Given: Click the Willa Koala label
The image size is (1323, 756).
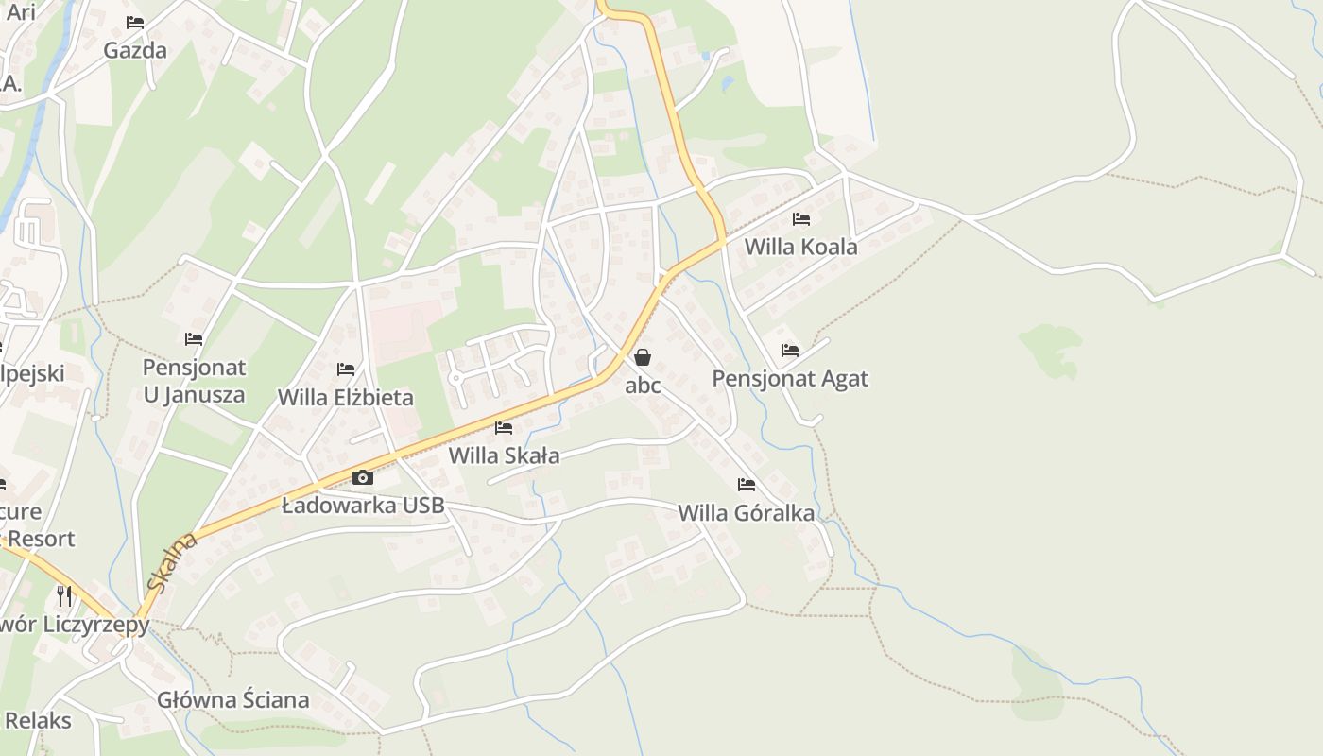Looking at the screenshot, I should point(800,248).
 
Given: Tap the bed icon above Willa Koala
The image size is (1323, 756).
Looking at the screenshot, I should point(801,219).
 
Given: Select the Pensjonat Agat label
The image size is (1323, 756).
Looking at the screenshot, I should point(789,379).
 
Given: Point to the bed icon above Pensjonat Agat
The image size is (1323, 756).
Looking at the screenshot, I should point(790,351).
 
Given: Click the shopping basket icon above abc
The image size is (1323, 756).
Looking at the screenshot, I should point(643,357).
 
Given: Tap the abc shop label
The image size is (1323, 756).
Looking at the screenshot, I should point(643,386).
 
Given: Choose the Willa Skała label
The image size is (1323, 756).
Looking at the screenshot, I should point(504,455).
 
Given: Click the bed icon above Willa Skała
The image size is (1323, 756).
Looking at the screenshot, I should point(504,428).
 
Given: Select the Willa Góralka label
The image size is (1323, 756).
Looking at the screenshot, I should point(746,513).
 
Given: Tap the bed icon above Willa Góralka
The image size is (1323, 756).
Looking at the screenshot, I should point(747,485).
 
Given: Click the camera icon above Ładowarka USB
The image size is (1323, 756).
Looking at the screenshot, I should point(363,478).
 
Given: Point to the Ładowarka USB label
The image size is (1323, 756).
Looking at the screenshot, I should point(363,506).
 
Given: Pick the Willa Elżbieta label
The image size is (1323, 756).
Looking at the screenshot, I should point(345,397).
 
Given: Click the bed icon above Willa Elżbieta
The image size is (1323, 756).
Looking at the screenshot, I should point(346,369).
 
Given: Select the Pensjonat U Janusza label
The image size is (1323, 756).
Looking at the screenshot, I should point(194,381).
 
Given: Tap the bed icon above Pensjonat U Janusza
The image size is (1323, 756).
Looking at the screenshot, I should point(194,339).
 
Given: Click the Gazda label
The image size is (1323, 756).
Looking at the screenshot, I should point(135,50).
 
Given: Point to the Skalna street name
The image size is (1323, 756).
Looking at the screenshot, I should point(173,562).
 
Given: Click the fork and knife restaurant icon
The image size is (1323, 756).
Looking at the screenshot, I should point(64,595).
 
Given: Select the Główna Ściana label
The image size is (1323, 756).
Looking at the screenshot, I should point(233,700).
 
